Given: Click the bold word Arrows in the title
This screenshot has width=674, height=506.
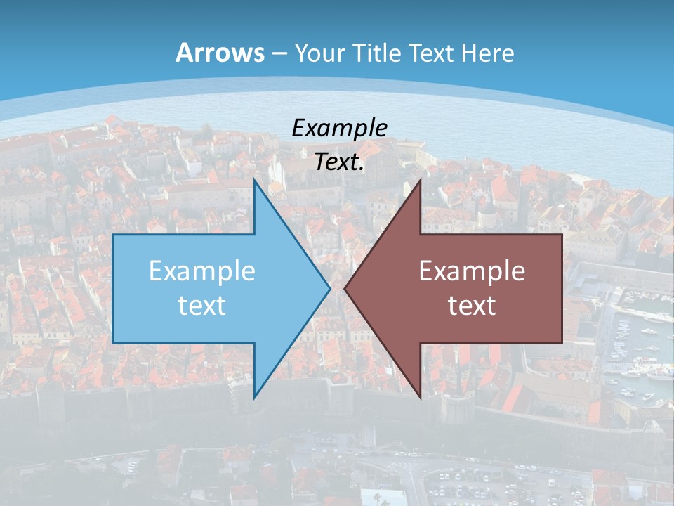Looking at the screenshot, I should [x=220, y=53].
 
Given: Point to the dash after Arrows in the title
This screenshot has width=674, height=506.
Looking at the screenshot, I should [x=279, y=53].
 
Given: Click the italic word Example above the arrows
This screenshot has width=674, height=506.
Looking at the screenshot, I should [x=339, y=128].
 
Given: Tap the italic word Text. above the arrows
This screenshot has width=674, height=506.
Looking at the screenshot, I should [x=339, y=162].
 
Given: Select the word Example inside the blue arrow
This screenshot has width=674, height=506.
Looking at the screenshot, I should [x=202, y=271].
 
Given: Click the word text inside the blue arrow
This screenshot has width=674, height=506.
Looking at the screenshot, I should [x=202, y=305].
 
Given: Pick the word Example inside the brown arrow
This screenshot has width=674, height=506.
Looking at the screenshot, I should [x=472, y=271].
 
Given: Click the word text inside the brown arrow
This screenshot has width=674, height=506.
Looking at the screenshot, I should [x=472, y=305].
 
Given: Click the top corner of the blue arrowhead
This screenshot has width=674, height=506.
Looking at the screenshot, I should [x=254, y=181].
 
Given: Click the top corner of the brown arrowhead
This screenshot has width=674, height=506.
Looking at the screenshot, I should [x=420, y=181].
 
